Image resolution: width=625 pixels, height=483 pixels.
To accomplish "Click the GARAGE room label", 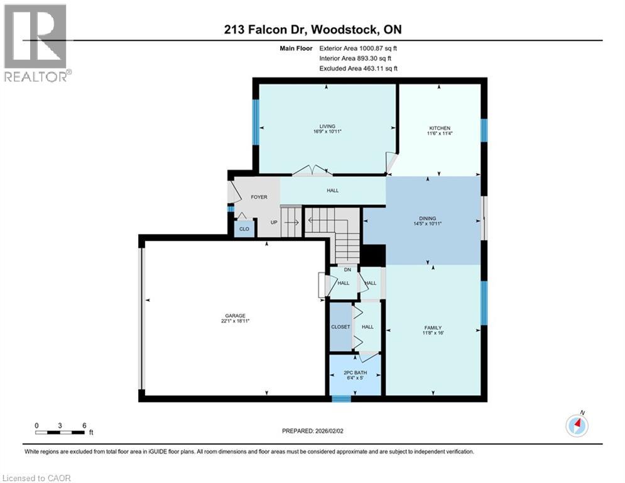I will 236,316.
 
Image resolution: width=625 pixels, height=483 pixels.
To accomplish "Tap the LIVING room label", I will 327,126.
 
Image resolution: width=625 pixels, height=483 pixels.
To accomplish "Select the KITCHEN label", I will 439,128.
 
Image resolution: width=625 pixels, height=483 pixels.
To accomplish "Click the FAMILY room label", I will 433,327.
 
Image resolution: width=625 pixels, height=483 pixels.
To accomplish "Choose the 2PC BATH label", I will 355,373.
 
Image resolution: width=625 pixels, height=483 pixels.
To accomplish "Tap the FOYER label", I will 259,197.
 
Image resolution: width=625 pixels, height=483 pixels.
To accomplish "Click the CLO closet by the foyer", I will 244,229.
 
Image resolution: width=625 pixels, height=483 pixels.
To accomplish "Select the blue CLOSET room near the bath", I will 340,327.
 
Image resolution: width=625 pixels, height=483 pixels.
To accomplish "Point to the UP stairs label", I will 274,222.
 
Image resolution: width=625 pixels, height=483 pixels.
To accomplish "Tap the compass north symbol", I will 577,425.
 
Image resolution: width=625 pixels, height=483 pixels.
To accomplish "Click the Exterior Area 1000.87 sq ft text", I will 358,48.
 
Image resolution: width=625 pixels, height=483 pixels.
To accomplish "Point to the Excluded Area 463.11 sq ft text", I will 358,68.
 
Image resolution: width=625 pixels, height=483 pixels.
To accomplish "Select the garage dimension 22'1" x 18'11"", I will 236,321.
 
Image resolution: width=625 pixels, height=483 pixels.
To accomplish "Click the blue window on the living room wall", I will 256,121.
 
